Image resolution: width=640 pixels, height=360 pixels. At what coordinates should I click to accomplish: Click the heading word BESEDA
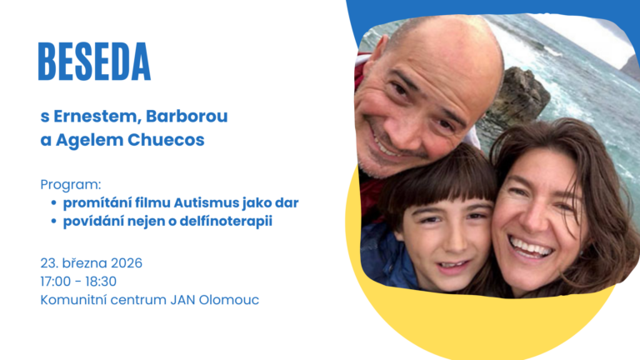pyautogui.click(x=94, y=62)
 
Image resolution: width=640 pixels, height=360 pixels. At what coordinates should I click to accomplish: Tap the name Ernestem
pyautogui.click(x=93, y=116)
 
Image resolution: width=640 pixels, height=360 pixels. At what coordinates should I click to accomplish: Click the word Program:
pyautogui.click(x=70, y=183)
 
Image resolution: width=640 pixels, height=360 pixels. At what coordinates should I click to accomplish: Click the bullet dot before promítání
pyautogui.click(x=53, y=203)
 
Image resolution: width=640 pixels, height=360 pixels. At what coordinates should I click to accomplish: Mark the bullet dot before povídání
pyautogui.click(x=53, y=222)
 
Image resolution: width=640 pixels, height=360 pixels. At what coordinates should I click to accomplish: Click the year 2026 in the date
pyautogui.click(x=124, y=263)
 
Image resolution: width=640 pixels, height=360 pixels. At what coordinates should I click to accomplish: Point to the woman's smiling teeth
pyautogui.click(x=530, y=247)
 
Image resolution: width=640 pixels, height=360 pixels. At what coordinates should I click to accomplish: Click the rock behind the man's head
pyautogui.click(x=521, y=96)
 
